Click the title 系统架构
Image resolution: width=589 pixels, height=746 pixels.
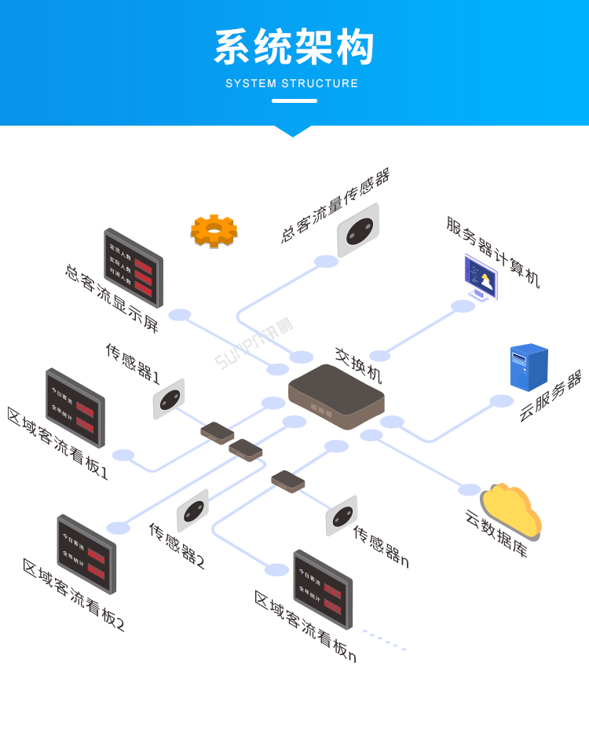point(294,48)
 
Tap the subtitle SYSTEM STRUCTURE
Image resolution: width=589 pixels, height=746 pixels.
point(292,83)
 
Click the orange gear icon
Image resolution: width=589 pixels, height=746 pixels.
point(214,231)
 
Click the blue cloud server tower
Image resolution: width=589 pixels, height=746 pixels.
point(529,367)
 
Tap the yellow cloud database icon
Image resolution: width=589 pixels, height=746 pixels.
point(511,510)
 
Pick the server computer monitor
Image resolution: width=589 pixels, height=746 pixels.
point(480,277)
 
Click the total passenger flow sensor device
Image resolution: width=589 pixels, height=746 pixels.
point(358,230)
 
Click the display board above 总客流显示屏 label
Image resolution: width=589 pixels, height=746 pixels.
point(134,268)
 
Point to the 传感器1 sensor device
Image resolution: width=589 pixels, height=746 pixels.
point(168,399)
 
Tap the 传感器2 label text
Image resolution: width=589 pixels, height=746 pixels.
point(177,545)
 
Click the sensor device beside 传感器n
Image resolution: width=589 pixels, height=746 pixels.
point(342,515)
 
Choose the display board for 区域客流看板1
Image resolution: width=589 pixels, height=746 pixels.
point(75,408)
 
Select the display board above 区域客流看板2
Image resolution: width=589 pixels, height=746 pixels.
point(86,554)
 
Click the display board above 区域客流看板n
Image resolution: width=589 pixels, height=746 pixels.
point(323,589)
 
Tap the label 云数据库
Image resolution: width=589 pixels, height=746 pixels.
point(496,533)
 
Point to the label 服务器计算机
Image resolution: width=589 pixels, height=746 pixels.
point(493,252)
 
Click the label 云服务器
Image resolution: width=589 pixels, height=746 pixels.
point(550,397)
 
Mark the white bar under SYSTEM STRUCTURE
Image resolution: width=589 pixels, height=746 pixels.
point(294,101)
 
